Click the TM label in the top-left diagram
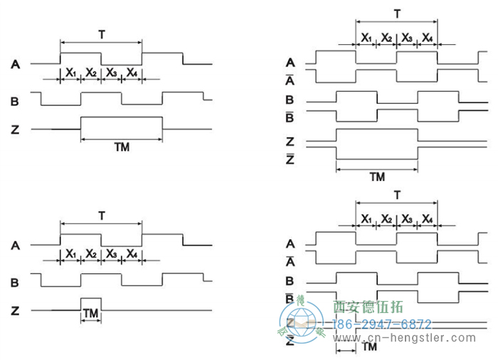[122, 147]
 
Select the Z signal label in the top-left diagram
[15, 129]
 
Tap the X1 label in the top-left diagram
[71, 73]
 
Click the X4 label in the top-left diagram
[132, 73]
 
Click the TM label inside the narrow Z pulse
[91, 313]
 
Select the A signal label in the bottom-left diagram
[15, 245]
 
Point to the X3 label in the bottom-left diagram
[112, 253]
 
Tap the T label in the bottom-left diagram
[102, 214]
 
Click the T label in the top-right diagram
[396, 14]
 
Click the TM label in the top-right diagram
[376, 176]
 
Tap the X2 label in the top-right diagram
[386, 37]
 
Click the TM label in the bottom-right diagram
[369, 347]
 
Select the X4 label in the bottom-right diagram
[427, 218]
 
